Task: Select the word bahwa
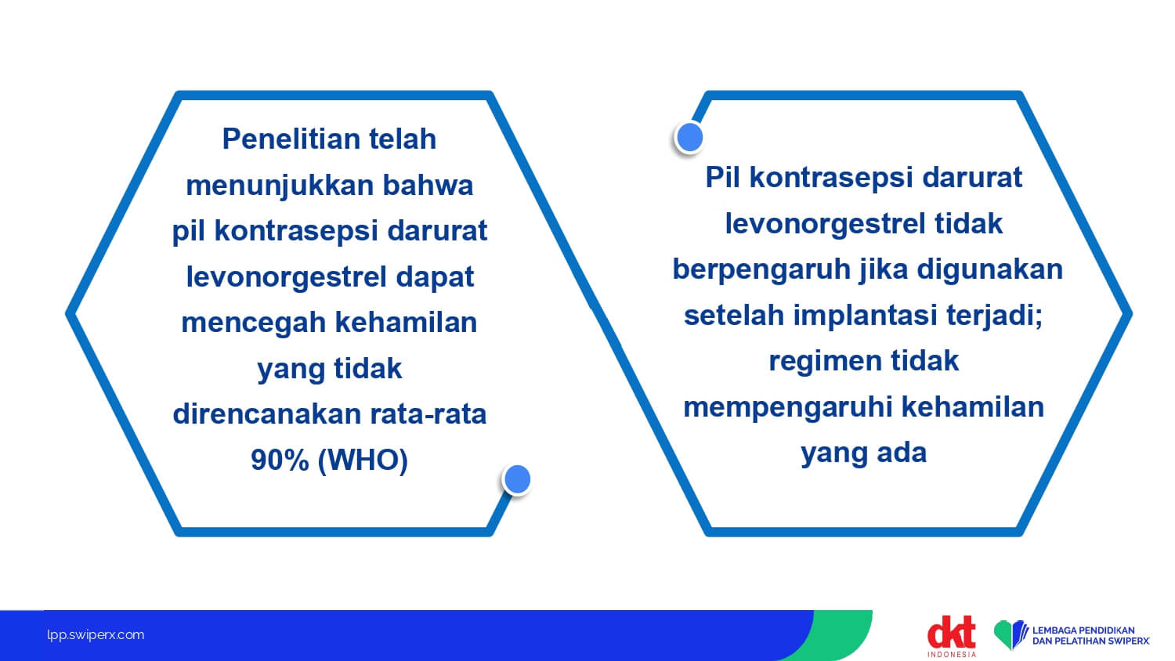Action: (428, 185)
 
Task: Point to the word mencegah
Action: (253, 323)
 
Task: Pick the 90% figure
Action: (280, 460)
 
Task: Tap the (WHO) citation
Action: (363, 461)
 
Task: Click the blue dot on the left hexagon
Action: (517, 479)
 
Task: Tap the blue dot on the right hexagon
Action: (689, 138)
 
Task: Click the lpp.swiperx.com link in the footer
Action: (96, 635)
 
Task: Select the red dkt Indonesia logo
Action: (952, 636)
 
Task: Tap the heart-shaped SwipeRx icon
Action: (1010, 634)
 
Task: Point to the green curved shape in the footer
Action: (839, 635)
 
